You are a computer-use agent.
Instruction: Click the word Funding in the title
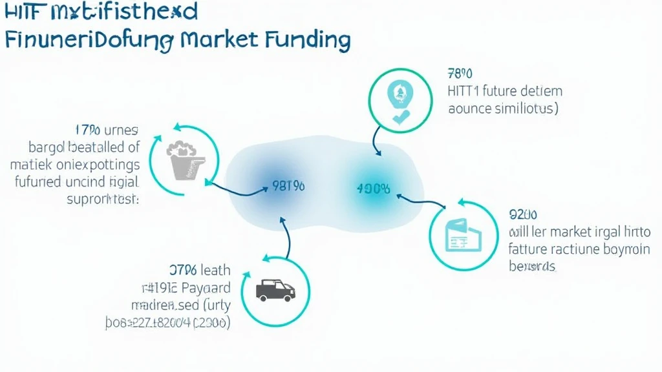[308, 40]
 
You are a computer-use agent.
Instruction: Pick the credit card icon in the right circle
[464, 235]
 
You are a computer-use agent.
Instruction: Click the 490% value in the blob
[373, 189]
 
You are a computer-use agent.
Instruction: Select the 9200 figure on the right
[525, 214]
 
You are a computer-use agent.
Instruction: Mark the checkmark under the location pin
[401, 118]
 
